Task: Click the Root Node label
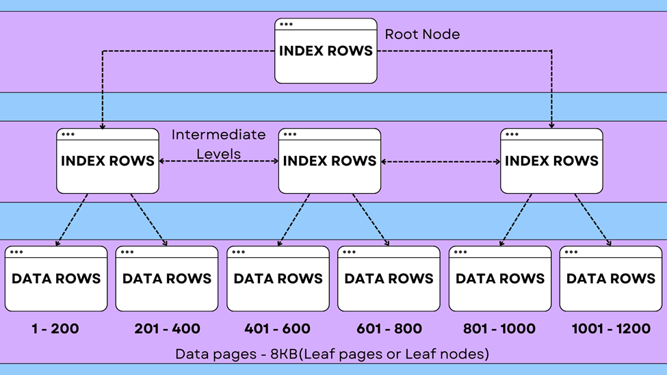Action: tap(422, 34)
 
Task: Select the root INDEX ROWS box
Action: tap(326, 51)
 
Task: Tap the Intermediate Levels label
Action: tap(218, 144)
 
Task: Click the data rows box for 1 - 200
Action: tap(56, 279)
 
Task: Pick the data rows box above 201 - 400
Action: tap(167, 279)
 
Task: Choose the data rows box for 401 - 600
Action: tap(278, 279)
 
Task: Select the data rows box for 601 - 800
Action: tap(389, 279)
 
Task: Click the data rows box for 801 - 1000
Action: tap(500, 279)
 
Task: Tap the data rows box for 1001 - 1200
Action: tap(611, 279)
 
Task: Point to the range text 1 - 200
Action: tap(55, 329)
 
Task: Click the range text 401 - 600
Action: tap(278, 329)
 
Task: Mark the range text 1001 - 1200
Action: tap(611, 329)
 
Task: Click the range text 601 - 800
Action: tap(389, 329)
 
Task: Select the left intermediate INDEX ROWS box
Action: tap(107, 161)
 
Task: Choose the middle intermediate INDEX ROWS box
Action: tap(330, 161)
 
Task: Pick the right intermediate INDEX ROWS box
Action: tap(551, 161)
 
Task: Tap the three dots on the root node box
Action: tap(286, 24)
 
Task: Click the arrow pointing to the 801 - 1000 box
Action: tap(515, 220)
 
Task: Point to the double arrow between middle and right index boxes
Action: tap(441, 162)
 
